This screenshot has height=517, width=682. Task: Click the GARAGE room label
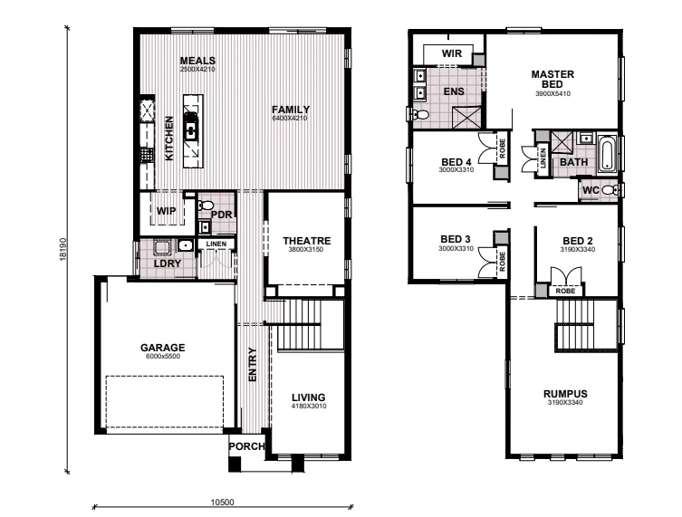(163, 347)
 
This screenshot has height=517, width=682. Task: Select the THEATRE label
(306, 240)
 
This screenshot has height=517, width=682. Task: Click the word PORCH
(246, 446)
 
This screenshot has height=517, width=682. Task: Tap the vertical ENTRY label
(253, 364)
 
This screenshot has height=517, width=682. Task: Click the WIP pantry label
(166, 211)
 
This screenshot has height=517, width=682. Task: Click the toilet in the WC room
(611, 190)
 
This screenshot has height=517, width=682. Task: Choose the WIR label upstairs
(452, 54)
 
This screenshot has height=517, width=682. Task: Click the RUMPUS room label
(566, 394)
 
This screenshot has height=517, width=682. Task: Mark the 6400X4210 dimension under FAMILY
(291, 118)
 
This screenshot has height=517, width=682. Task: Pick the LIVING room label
(308, 397)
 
